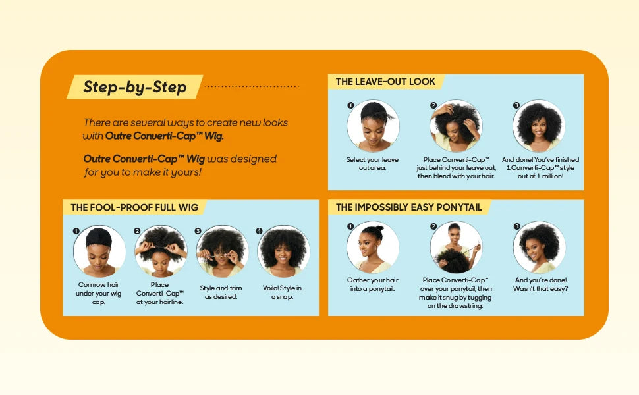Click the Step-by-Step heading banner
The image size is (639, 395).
(x=134, y=87)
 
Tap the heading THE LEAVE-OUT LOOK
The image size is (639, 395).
(x=385, y=82)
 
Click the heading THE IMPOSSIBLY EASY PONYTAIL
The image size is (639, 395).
(x=408, y=207)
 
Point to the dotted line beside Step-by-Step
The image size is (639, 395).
(x=252, y=86)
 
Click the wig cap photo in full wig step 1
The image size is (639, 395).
(x=99, y=251)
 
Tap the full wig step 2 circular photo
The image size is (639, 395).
(x=160, y=251)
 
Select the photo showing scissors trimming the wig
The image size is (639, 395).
(x=222, y=251)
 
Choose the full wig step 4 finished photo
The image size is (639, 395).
(x=283, y=251)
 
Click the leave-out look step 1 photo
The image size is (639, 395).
(x=373, y=126)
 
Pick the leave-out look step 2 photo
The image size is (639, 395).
(x=456, y=126)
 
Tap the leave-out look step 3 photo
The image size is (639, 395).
(x=539, y=126)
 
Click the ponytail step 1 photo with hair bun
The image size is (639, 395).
(x=373, y=247)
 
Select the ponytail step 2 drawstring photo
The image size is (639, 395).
(x=456, y=247)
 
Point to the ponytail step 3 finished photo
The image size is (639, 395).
(x=539, y=247)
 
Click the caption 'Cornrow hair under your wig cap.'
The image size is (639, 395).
(x=99, y=293)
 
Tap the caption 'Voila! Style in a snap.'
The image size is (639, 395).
(x=283, y=292)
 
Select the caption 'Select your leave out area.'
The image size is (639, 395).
(x=373, y=163)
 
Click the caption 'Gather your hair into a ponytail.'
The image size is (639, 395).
(x=373, y=284)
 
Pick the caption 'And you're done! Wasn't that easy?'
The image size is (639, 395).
(x=540, y=284)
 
